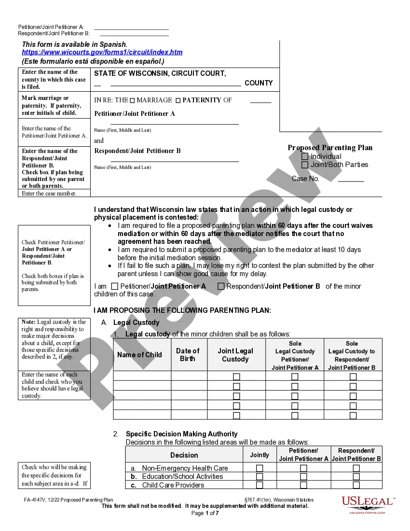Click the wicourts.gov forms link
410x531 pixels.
pos(102,52)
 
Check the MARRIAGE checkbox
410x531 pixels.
pos(133,100)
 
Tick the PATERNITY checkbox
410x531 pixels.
pos(178,100)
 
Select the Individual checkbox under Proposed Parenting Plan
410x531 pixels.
pos(305,156)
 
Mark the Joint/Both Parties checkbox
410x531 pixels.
pos(305,165)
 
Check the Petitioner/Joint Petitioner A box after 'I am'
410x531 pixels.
pos(114,286)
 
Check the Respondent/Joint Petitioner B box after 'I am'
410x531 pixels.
pos(221,286)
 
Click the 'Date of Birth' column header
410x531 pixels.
pos(188,355)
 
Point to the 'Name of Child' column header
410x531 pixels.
pos(140,355)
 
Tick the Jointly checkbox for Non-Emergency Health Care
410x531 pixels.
pos(260,468)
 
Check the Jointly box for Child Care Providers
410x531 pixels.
pos(260,485)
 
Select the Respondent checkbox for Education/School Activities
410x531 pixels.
pos(356,476)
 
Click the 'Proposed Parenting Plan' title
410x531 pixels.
pos(330,148)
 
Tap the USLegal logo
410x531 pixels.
pos(368,504)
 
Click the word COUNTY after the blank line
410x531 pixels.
pos(259,83)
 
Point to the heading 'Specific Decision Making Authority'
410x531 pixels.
pos(182,434)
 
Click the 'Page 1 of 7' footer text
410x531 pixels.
pos(205,513)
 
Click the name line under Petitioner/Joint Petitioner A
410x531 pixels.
pos(175,124)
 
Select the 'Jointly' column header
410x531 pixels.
pos(260,455)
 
